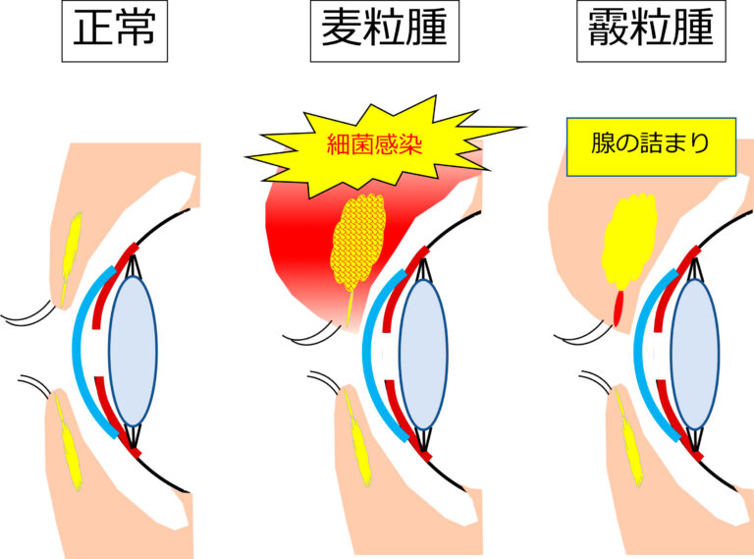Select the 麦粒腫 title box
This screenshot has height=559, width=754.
(384, 31)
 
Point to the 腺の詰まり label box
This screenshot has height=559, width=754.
(652, 147)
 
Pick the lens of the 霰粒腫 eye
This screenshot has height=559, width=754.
(694, 353)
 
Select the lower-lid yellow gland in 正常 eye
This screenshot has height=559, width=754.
(71, 447)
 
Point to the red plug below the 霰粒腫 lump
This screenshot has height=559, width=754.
(619, 307)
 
